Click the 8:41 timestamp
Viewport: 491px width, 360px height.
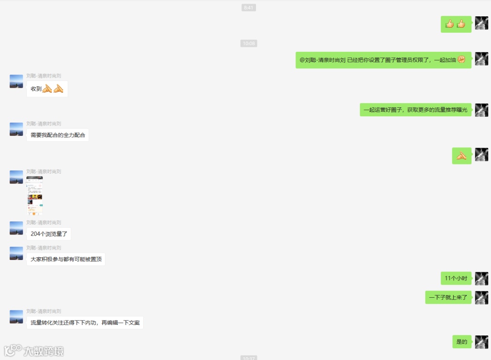click(249, 8)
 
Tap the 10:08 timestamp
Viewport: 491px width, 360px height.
click(249, 44)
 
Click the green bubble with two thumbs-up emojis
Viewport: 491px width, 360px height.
click(456, 24)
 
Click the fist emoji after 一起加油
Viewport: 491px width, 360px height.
click(461, 60)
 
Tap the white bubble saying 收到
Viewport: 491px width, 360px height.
click(47, 89)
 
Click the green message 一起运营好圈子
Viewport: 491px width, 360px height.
click(416, 110)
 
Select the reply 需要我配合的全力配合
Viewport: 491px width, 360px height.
click(58, 135)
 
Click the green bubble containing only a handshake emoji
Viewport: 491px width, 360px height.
click(461, 156)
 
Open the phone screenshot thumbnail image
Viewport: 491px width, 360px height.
click(35, 195)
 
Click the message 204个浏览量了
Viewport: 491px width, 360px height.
click(49, 234)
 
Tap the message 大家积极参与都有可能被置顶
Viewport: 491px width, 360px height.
click(66, 259)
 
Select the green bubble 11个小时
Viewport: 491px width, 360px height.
click(456, 278)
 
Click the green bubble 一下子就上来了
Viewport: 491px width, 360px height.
click(448, 298)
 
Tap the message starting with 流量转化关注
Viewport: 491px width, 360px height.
click(85, 323)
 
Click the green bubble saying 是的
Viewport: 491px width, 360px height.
click(461, 342)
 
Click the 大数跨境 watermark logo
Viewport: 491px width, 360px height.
click(34, 350)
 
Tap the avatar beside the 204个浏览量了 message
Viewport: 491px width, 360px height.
click(16, 228)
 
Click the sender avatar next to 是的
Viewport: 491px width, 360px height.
click(481, 342)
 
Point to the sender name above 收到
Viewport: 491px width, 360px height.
click(44, 76)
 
